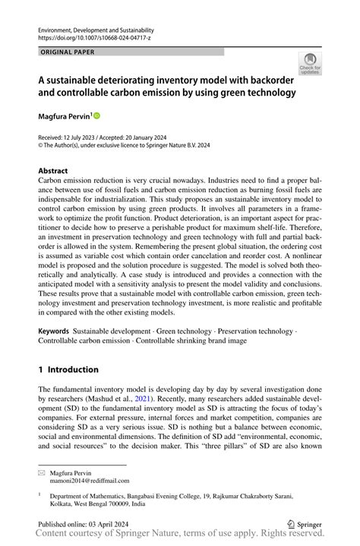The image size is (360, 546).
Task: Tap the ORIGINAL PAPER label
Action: [63, 52]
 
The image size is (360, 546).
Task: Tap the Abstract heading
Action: [52, 171]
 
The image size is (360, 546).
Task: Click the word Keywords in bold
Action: [53, 332]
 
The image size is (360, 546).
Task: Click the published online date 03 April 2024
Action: [112, 524]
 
